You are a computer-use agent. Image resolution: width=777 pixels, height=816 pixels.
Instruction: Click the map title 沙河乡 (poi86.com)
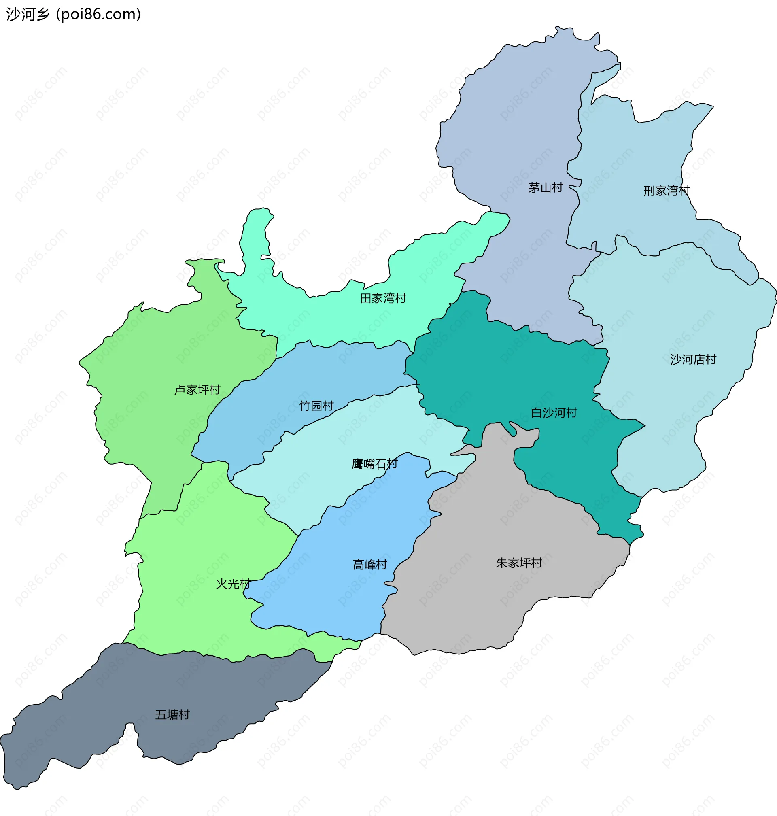(x=74, y=15)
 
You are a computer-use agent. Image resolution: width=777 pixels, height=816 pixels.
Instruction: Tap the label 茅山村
(x=545, y=188)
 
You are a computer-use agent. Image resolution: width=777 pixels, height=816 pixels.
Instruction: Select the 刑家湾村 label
(x=666, y=191)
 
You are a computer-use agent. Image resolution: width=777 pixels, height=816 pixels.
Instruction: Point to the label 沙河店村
(x=693, y=359)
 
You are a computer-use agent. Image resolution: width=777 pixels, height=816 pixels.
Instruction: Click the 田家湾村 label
(x=383, y=298)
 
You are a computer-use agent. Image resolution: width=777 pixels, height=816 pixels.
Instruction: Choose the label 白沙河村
(x=554, y=413)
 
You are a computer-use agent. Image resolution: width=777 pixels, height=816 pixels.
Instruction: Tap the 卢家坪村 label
(x=197, y=390)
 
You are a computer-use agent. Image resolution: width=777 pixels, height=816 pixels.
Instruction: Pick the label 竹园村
(x=316, y=406)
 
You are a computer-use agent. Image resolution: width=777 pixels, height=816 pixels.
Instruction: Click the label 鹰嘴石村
(x=374, y=464)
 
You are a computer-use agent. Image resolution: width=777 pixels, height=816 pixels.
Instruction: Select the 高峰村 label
(x=369, y=565)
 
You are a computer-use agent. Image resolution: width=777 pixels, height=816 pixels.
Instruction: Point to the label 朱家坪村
(x=519, y=563)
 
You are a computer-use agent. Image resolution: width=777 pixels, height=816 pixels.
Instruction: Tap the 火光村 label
(x=233, y=584)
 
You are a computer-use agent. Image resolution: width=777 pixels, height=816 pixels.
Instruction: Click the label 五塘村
(x=172, y=714)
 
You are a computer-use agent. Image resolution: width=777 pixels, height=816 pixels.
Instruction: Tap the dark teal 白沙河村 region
(x=518, y=373)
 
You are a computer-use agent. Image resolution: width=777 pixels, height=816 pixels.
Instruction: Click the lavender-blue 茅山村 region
(x=518, y=124)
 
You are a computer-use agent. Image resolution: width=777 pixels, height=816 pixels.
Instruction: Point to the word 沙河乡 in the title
(x=28, y=15)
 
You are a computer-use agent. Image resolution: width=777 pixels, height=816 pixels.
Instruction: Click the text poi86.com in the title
(x=98, y=15)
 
